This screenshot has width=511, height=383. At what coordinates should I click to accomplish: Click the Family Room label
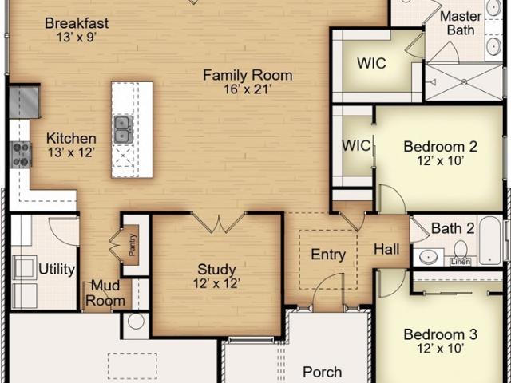click(248, 76)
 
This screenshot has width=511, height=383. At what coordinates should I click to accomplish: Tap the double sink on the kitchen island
click(124, 129)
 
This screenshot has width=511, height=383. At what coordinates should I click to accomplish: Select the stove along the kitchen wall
click(20, 154)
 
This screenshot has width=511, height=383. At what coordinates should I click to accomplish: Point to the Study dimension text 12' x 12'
click(216, 283)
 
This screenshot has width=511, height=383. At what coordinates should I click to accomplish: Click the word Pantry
click(132, 245)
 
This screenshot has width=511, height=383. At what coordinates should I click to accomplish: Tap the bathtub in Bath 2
click(490, 240)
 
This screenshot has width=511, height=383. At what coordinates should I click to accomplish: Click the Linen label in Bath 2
click(461, 262)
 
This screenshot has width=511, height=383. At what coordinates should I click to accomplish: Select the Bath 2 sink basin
click(428, 257)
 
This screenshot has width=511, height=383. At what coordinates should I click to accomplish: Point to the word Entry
click(328, 255)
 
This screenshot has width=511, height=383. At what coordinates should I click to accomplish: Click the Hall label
click(386, 249)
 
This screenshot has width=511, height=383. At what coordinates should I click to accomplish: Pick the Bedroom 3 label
click(441, 334)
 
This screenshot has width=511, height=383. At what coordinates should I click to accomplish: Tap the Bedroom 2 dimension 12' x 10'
click(441, 160)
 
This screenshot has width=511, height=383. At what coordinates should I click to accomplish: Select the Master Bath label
click(461, 23)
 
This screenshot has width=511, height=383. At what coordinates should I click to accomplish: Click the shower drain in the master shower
click(464, 82)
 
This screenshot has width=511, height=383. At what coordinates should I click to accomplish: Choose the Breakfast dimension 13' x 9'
click(77, 38)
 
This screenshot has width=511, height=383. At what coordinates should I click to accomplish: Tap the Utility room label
click(57, 270)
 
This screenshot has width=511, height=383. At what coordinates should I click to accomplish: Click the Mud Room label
click(105, 293)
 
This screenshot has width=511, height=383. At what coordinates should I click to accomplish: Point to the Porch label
click(323, 372)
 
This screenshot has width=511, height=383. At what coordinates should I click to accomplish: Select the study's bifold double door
click(219, 222)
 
